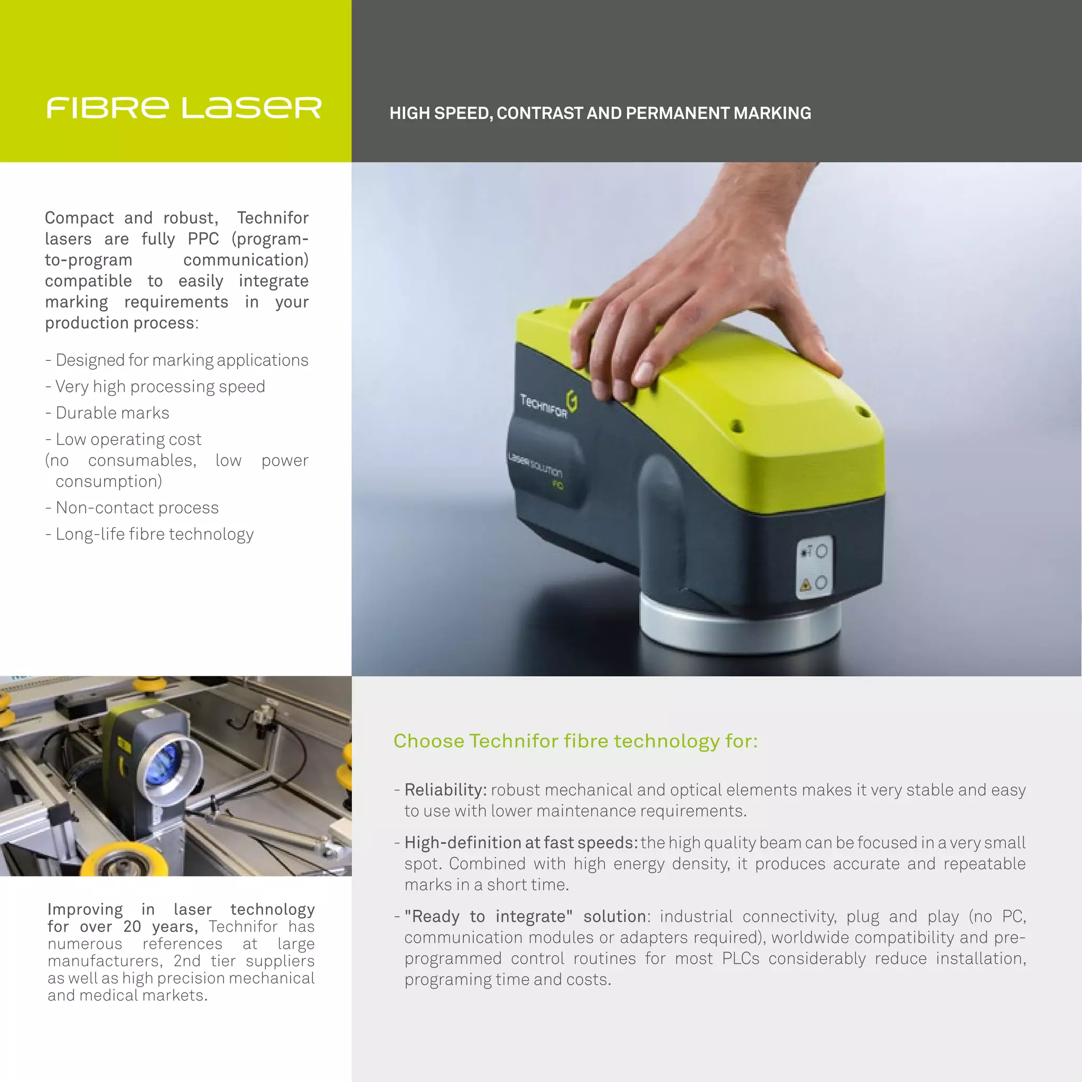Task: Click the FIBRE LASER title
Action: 184,108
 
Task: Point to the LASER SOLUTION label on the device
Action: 535,465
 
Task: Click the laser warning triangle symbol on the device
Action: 806,585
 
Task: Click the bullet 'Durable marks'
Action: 113,413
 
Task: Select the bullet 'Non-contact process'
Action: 137,507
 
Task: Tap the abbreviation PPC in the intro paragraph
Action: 203,239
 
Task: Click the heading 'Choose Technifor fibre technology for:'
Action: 576,741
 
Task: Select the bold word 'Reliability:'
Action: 446,790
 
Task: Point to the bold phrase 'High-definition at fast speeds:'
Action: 521,842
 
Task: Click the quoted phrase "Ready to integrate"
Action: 488,916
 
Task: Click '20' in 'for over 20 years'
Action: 132,926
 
